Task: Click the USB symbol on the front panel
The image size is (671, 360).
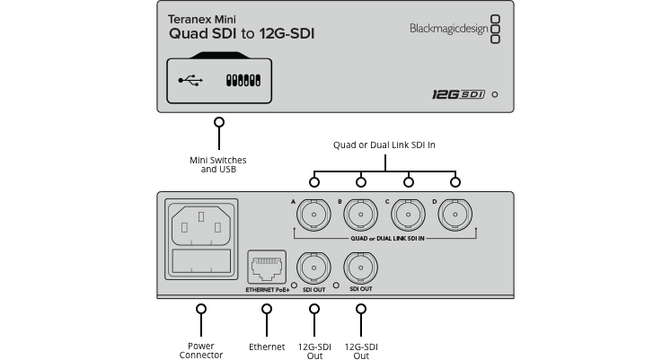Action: click(190, 80)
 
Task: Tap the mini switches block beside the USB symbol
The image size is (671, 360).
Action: click(243, 80)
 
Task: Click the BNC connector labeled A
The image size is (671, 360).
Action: click(314, 216)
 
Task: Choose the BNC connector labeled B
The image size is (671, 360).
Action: click(361, 216)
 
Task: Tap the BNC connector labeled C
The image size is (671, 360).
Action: click(408, 216)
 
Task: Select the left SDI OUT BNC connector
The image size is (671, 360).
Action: click(314, 267)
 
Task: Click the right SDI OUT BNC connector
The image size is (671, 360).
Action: click(361, 267)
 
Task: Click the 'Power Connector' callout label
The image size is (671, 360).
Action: click(201, 350)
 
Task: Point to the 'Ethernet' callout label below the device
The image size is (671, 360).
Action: click(267, 346)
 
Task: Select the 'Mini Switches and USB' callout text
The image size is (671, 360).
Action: click(218, 164)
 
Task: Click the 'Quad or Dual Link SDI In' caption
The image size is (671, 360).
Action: click(384, 145)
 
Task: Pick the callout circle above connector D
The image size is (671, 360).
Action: click(455, 182)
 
